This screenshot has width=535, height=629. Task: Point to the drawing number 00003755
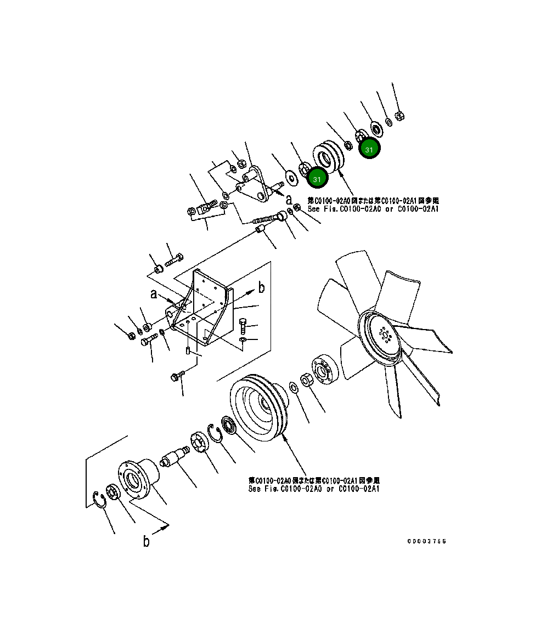pyautogui.click(x=426, y=541)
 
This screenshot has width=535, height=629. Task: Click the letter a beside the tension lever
pyautogui.click(x=288, y=198)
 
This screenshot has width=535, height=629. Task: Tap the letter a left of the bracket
pyautogui.click(x=155, y=294)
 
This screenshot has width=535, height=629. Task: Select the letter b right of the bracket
pyautogui.click(x=262, y=287)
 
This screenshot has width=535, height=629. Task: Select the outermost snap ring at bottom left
pyautogui.click(x=100, y=500)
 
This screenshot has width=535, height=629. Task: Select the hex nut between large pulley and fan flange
pyautogui.click(x=307, y=380)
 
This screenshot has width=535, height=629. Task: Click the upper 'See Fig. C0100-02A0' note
pyautogui.click(x=373, y=205)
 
